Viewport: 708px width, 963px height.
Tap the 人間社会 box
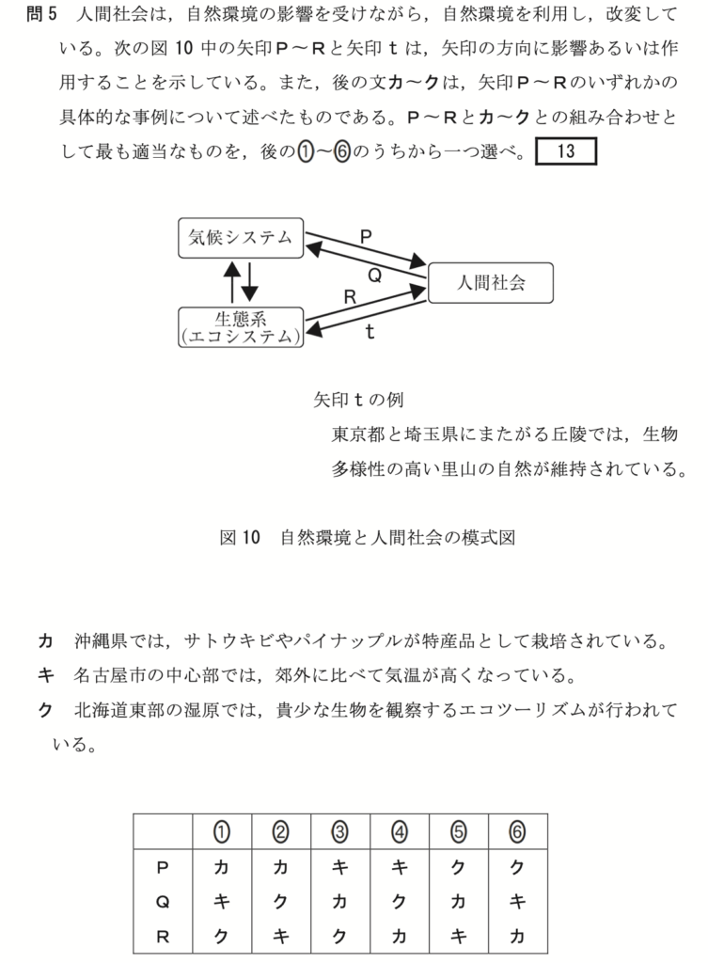click(490, 282)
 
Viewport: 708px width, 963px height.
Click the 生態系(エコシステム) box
click(241, 325)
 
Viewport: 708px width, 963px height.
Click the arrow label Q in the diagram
click(373, 275)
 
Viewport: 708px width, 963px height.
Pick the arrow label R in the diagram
click(350, 296)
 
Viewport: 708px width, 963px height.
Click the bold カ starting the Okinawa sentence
click(44, 642)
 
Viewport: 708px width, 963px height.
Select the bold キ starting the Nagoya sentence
click(44, 676)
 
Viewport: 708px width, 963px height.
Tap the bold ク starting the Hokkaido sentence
click(44, 710)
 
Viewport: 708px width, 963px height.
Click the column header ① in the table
click(222, 831)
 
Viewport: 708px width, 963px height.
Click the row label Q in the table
click(162, 901)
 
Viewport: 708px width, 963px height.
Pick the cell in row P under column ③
click(339, 867)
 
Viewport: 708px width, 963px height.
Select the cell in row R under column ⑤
click(458, 935)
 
